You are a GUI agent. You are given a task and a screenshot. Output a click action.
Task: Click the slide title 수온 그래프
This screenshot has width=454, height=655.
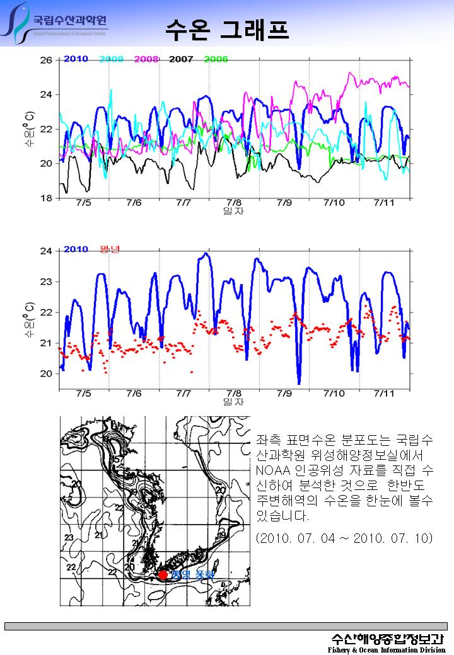(227, 28)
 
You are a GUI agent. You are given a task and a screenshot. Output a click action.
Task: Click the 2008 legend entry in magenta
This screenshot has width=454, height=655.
(146, 59)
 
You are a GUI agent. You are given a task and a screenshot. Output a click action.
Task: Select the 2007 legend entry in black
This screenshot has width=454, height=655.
(181, 59)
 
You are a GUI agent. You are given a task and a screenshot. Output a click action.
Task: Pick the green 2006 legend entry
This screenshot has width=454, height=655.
(216, 59)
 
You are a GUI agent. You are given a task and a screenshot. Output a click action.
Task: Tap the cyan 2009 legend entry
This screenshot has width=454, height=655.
(111, 59)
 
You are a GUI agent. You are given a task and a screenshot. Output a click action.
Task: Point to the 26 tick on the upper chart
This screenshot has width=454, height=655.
(46, 60)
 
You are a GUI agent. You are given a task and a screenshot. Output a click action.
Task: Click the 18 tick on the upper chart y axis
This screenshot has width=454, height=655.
(46, 198)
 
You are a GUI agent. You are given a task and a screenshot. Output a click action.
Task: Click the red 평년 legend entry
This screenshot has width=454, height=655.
(110, 249)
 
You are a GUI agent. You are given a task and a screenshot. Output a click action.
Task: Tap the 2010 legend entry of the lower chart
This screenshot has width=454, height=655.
(76, 249)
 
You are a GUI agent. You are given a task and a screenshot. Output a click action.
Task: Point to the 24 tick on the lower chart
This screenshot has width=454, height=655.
(46, 251)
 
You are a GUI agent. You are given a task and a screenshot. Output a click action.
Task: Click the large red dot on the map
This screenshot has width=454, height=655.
(163, 574)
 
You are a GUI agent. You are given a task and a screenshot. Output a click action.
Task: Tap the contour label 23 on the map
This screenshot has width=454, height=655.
(69, 537)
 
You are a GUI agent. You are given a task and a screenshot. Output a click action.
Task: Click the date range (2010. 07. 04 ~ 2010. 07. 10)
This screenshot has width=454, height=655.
(344, 539)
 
